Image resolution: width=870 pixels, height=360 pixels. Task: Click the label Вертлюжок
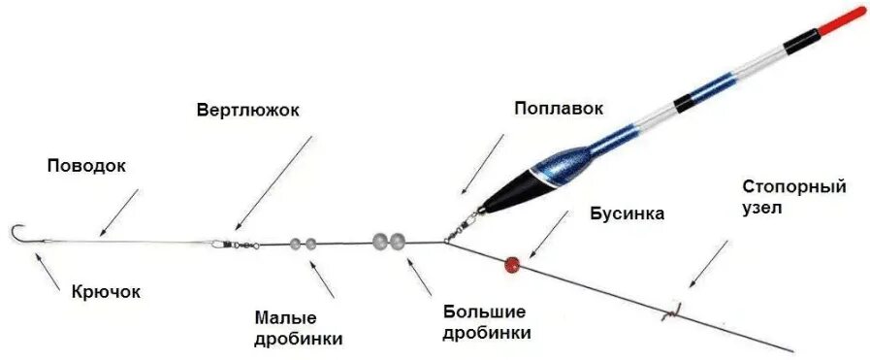(247, 110)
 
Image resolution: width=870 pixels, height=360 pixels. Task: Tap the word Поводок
(86, 166)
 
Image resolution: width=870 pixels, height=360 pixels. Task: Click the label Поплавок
(554, 110)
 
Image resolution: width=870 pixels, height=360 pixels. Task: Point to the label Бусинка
(627, 213)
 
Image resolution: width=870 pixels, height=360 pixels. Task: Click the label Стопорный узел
(781, 196)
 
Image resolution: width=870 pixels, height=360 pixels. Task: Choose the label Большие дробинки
(485, 322)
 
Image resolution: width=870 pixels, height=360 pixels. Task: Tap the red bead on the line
(510, 263)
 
